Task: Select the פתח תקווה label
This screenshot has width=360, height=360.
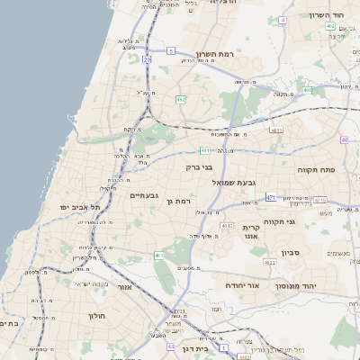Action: click(315, 168)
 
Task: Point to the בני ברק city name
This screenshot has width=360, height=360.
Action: click(199, 166)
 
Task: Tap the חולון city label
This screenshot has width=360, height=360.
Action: click(97, 317)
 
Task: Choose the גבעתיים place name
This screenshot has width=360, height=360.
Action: click(144, 195)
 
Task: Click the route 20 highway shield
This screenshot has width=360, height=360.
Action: click(147, 59)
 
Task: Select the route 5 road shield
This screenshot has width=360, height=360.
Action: click(171, 51)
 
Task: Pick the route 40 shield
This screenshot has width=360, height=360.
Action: click(344, 139)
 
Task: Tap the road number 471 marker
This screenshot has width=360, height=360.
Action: click(271, 195)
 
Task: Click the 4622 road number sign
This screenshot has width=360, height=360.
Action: click(270, 263)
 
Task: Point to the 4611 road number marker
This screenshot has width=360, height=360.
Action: click(276, 130)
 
